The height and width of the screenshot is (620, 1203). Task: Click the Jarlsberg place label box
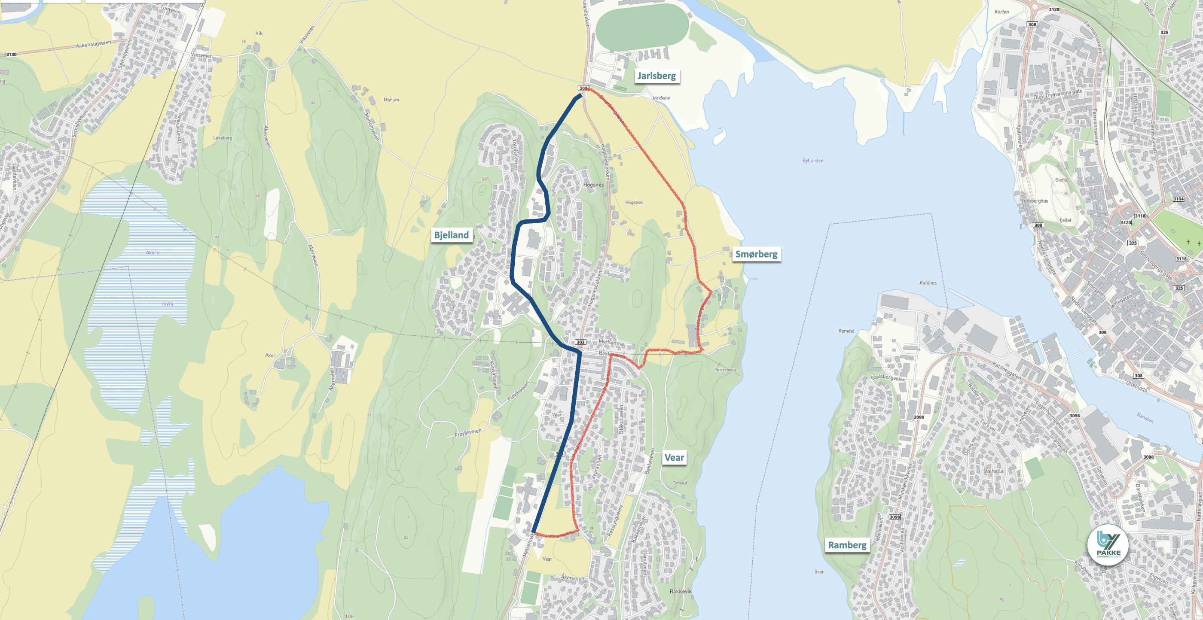pyautogui.click(x=656, y=76)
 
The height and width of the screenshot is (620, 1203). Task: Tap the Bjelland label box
pyautogui.click(x=451, y=235)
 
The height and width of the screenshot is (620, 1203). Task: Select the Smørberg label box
pyautogui.click(x=756, y=254)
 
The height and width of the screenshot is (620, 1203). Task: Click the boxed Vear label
pyautogui.click(x=674, y=458)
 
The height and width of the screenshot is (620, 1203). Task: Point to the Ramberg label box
pyautogui.click(x=847, y=545)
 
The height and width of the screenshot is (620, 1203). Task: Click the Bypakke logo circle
pyautogui.click(x=1108, y=545)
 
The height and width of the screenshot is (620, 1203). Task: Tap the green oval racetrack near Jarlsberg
pyautogui.click(x=642, y=27)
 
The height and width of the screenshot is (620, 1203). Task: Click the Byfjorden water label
pyautogui.click(x=812, y=161)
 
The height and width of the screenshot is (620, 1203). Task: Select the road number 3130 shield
pyautogui.click(x=11, y=55)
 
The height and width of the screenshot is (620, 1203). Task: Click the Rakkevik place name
pyautogui.click(x=681, y=592)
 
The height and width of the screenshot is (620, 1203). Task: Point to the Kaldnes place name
pyautogui.click(x=928, y=283)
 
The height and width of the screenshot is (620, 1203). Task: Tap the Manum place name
pyautogui.click(x=391, y=100)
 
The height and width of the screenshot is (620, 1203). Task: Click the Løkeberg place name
pyautogui.click(x=222, y=138)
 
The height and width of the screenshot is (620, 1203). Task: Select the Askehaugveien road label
pyautogui.click(x=93, y=45)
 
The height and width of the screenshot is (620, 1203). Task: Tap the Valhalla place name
pyautogui.click(x=993, y=471)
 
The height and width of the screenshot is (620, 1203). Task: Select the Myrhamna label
pyautogui.click(x=611, y=343)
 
